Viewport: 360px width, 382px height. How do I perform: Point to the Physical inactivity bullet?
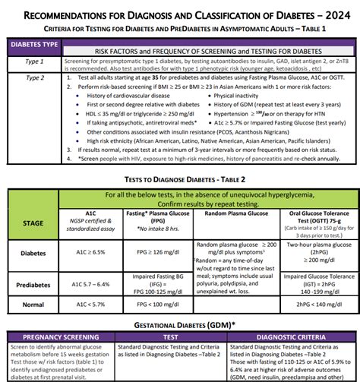(252, 96)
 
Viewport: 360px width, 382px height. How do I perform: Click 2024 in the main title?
(327, 12)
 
